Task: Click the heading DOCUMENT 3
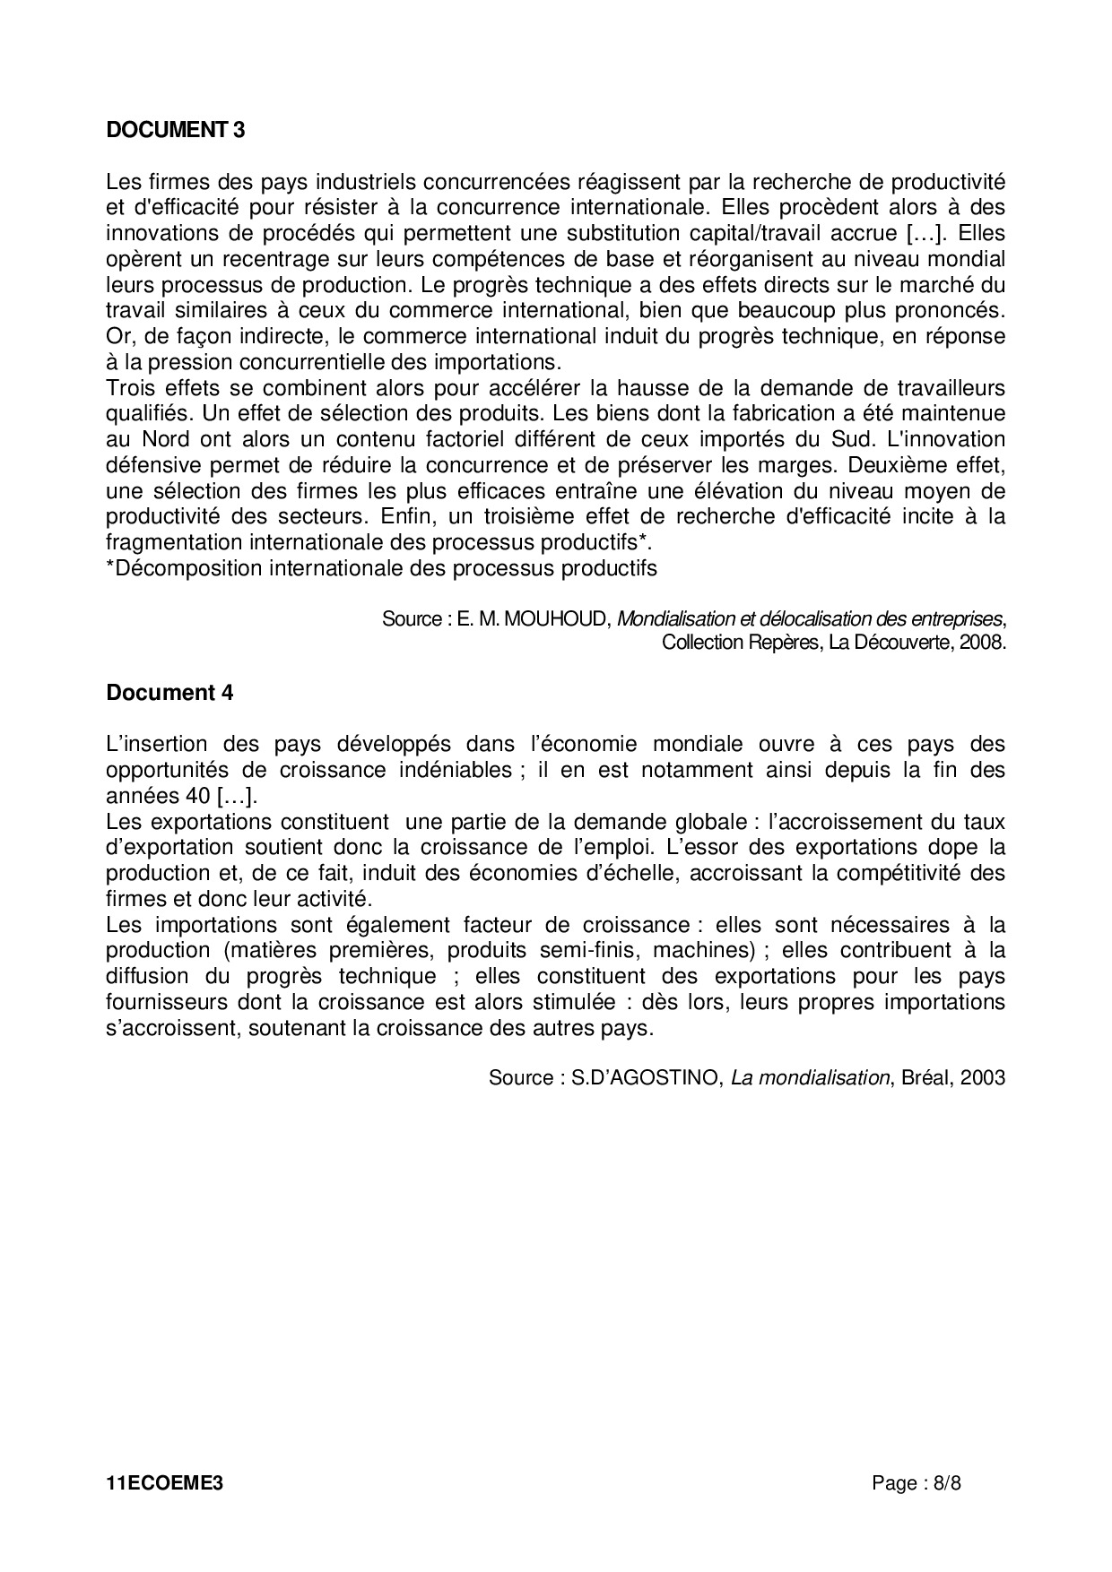point(176,130)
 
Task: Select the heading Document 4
point(169,693)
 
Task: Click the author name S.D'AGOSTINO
point(647,1078)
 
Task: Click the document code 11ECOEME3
point(164,1483)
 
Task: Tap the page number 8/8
point(946,1483)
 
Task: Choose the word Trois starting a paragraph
point(131,388)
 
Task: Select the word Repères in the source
point(786,643)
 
